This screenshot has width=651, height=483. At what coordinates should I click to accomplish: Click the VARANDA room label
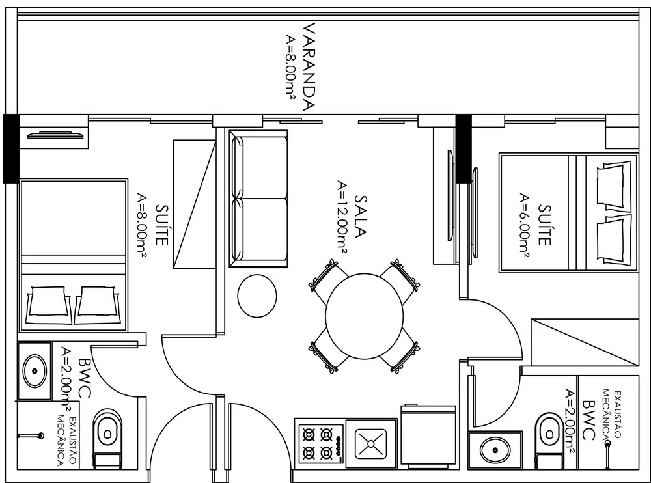(310, 67)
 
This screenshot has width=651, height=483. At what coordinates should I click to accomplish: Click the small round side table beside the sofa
(257, 296)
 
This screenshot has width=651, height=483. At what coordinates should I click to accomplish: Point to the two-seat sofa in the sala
(258, 199)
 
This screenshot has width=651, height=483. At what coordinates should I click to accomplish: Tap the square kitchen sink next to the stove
(370, 443)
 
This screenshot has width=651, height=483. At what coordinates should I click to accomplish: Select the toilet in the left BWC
(106, 437)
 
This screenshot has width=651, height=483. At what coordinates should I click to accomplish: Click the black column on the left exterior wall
(11, 148)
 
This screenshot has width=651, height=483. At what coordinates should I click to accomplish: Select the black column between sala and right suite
(463, 148)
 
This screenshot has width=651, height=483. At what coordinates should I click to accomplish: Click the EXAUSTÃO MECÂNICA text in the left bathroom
(66, 441)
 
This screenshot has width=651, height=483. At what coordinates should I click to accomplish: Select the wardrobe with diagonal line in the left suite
(194, 203)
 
